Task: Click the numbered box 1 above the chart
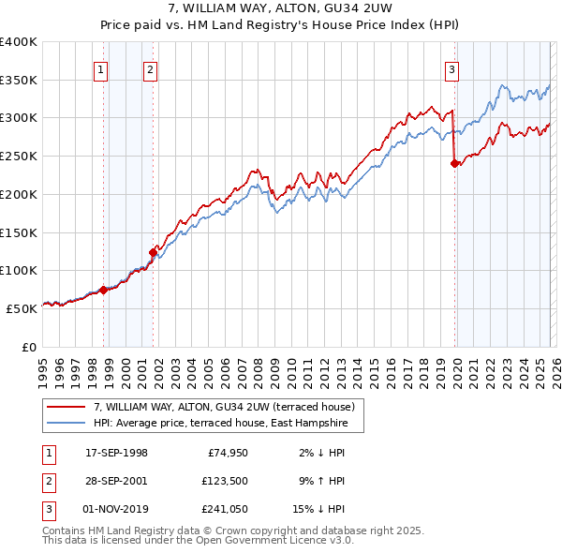click(99, 67)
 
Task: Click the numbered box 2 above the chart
click(150, 67)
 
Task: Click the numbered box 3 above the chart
click(451, 67)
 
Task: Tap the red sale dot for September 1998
click(103, 290)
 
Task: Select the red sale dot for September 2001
click(153, 251)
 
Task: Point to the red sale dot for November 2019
click(455, 163)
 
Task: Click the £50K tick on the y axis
click(22, 308)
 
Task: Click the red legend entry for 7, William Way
click(224, 408)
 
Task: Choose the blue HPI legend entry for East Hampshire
click(220, 424)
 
